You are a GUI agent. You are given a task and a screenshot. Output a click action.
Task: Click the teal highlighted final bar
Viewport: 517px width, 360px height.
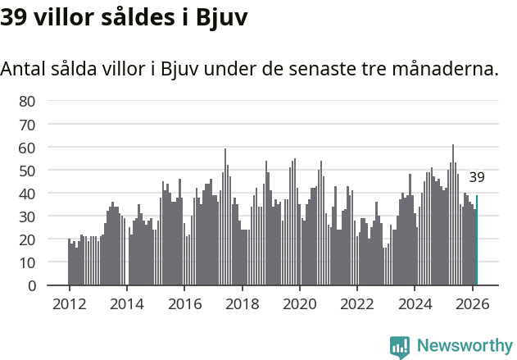tap(477, 241)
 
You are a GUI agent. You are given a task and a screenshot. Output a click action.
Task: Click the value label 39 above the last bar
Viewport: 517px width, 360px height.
tap(477, 177)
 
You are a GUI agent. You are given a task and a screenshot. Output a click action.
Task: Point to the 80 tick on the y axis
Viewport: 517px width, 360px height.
tap(27, 102)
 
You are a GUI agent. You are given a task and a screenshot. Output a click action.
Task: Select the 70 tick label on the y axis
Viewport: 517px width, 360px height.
tap(27, 125)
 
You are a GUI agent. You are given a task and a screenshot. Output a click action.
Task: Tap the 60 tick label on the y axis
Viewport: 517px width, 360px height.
tap(27, 148)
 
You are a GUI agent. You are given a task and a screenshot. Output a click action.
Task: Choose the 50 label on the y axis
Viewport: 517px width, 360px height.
tap(27, 171)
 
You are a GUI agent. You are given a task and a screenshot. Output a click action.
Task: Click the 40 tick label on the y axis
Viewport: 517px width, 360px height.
tap(27, 194)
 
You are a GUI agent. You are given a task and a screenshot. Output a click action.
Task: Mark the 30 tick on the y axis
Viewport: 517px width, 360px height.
tap(27, 216)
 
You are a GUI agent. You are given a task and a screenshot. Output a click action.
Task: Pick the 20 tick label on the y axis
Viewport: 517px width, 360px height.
tap(27, 239)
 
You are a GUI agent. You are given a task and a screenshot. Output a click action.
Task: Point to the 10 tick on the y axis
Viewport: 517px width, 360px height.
tap(27, 262)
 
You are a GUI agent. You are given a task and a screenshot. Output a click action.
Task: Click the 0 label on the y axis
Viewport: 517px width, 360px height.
tap(32, 285)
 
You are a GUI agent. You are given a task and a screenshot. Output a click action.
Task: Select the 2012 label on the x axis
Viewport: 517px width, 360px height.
tap(69, 303)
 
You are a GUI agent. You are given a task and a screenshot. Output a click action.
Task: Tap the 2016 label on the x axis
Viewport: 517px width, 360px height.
tap(184, 303)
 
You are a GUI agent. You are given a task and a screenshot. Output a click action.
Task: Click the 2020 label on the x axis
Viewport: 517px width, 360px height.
tap(300, 303)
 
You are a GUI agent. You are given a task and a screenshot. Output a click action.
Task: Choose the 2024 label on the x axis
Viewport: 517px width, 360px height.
tap(415, 303)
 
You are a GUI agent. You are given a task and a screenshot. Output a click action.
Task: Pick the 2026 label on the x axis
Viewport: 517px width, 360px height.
tap(473, 303)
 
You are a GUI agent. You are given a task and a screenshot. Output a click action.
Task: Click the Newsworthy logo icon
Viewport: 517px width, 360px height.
tap(400, 346)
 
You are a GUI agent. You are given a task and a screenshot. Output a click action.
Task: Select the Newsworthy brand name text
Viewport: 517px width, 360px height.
tap(464, 346)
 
